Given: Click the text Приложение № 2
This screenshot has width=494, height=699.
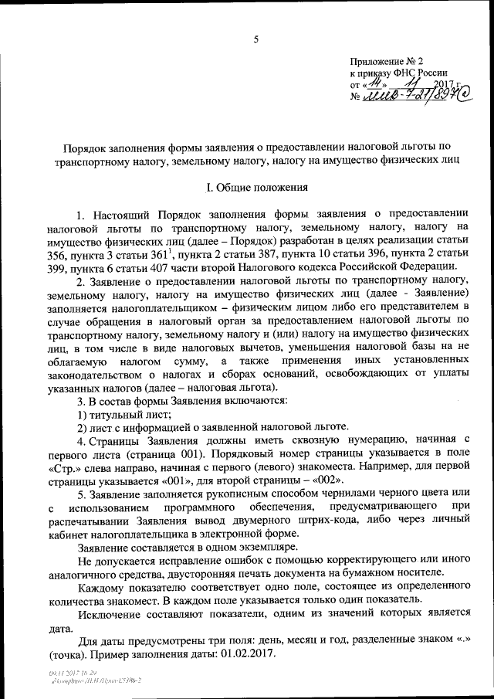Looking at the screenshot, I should pos(387,59).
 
